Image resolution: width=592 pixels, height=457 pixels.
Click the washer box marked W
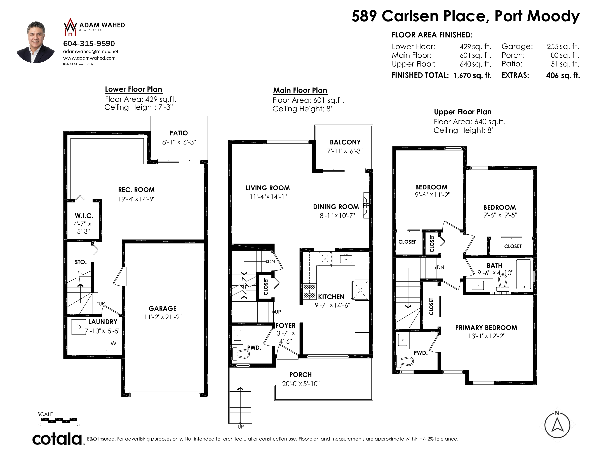pyautogui.click(x=113, y=343)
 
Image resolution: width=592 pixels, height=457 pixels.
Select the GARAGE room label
pyautogui.click(x=162, y=308)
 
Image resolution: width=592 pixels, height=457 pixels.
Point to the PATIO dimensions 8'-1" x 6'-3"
pyautogui.click(x=179, y=142)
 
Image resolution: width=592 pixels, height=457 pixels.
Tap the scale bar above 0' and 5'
pyautogui.click(x=59, y=420)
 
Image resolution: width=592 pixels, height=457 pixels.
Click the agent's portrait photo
pyautogui.click(x=36, y=42)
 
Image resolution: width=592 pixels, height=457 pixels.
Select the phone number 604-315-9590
pyautogui.click(x=89, y=43)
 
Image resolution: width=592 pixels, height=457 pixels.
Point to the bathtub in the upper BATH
pyautogui.click(x=524, y=274)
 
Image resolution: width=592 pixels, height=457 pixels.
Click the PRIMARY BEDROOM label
pyautogui.click(x=486, y=328)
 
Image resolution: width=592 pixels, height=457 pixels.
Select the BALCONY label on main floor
pyautogui.click(x=345, y=142)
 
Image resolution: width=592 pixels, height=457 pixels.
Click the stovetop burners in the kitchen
pyautogui.click(x=309, y=291)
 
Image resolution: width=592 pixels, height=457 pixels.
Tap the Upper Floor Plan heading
pyautogui.click(x=462, y=112)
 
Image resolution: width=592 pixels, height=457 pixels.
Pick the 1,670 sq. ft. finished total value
pyautogui.click(x=473, y=75)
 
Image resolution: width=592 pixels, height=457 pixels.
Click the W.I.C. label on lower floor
pyautogui.click(x=84, y=216)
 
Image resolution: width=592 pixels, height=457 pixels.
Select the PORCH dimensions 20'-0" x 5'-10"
pyautogui.click(x=301, y=384)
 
